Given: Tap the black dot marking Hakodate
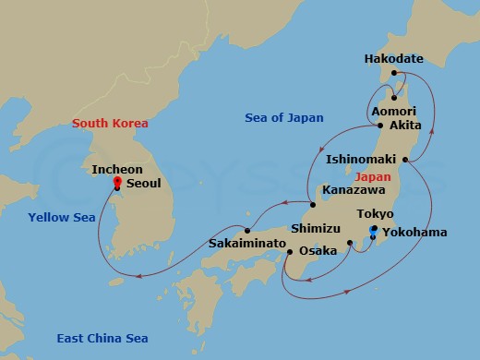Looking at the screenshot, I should (x=393, y=73).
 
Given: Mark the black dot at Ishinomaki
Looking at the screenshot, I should (x=405, y=159).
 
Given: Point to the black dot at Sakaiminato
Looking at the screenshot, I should (x=246, y=230).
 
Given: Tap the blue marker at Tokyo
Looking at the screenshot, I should (x=373, y=228).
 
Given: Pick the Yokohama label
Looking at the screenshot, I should (x=415, y=233).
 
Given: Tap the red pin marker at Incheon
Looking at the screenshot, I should (x=116, y=183).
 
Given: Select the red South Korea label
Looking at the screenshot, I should (x=112, y=123).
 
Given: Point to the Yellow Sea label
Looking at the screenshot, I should (x=59, y=219).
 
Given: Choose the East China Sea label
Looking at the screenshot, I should (x=102, y=338).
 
